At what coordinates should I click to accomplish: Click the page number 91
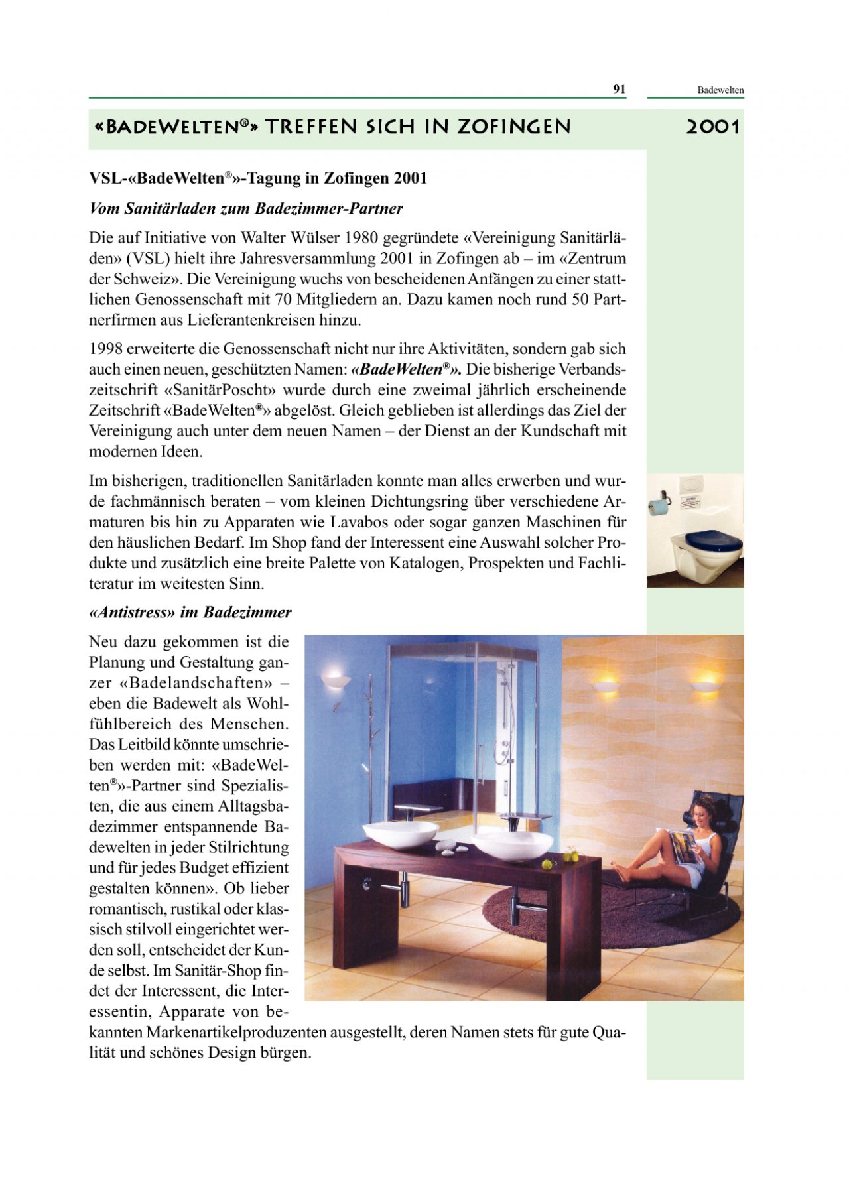(x=619, y=89)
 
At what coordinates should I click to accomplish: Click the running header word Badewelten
(x=720, y=90)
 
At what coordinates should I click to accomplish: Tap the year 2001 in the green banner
(x=712, y=127)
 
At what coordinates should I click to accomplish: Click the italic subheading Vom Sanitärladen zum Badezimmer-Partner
(x=246, y=208)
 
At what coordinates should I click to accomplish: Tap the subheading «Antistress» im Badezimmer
(x=190, y=612)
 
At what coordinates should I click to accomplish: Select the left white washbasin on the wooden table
(x=400, y=834)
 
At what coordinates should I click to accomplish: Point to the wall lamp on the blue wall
(x=336, y=680)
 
